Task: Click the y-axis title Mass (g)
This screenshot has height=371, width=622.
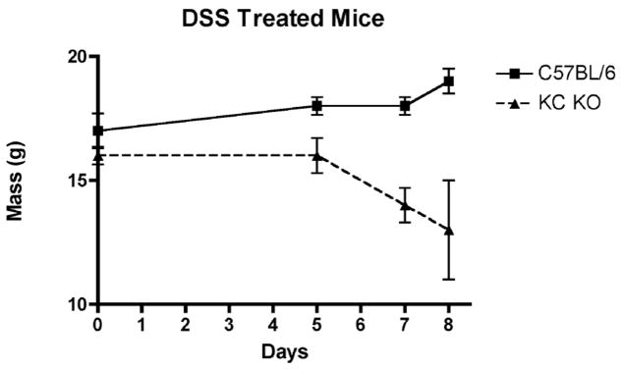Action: [x=17, y=182]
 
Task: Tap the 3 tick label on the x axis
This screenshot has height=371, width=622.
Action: [x=229, y=323]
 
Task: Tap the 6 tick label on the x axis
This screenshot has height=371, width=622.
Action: [x=361, y=323]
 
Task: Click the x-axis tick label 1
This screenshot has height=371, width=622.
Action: [x=141, y=323]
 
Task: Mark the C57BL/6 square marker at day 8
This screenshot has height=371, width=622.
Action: [x=448, y=81]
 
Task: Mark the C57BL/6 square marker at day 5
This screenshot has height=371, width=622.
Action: [x=316, y=106]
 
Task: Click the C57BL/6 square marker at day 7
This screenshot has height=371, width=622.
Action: [x=405, y=106]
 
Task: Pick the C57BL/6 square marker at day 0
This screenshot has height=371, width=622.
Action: [x=98, y=131]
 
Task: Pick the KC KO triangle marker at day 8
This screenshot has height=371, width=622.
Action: [x=448, y=230]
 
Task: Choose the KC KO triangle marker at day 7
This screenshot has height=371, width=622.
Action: [x=405, y=204]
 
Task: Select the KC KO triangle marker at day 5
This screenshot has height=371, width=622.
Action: [x=316, y=155]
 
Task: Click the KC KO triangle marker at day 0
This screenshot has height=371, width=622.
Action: [x=98, y=155]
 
